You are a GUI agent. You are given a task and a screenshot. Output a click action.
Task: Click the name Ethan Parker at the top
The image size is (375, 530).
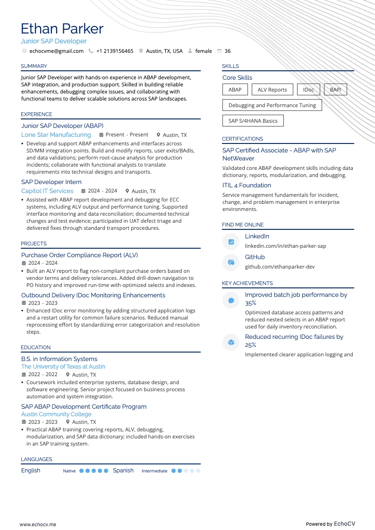point(62,29)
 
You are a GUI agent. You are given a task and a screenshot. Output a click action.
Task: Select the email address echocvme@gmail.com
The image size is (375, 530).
point(56,51)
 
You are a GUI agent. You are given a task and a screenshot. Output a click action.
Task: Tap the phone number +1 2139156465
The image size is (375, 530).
point(115,51)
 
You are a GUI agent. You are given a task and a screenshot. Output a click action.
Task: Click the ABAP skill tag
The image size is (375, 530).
point(235,90)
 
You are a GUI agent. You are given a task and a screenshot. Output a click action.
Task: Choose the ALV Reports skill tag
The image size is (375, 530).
point(272,90)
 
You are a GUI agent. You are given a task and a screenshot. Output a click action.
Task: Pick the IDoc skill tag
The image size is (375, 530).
point(308,90)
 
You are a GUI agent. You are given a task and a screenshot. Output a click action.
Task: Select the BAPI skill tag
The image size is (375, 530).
point(335,90)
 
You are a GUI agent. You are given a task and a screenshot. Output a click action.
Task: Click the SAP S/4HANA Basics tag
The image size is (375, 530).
point(253,121)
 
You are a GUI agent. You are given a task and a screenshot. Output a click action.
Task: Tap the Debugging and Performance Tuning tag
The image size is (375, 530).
point(272,105)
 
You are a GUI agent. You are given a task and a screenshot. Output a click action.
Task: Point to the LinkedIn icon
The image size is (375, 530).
point(231,242)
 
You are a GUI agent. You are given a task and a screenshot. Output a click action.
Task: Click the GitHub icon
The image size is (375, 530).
point(231,262)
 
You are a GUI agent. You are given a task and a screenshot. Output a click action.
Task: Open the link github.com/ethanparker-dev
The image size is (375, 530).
point(280,267)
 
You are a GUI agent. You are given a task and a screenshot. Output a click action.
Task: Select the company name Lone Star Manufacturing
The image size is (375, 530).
point(56,135)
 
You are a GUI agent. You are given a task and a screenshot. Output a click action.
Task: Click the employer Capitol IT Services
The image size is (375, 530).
point(47,191)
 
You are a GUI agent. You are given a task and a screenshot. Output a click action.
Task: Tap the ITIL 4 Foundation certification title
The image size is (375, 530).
point(247,185)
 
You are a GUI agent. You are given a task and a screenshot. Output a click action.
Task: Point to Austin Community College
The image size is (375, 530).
point(56,414)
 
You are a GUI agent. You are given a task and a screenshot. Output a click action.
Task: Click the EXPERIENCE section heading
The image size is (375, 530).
point(36,114)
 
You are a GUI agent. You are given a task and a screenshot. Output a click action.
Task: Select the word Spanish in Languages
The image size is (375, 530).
point(123,471)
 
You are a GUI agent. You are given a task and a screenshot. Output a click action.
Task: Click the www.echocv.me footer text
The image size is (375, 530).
point(38,524)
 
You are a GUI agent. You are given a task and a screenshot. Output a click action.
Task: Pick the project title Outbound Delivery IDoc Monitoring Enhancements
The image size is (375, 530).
point(93,295)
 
